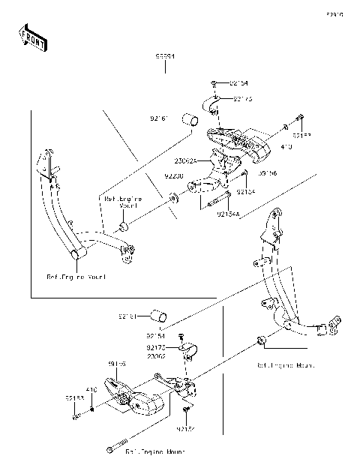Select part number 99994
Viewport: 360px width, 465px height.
click(165, 56)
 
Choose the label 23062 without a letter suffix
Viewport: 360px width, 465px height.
click(156, 357)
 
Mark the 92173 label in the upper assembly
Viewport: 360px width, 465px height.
click(242, 98)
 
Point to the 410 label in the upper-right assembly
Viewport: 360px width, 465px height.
click(286, 148)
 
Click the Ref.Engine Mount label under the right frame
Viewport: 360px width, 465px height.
click(285, 365)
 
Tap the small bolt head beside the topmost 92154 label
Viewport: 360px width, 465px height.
click(214, 83)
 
